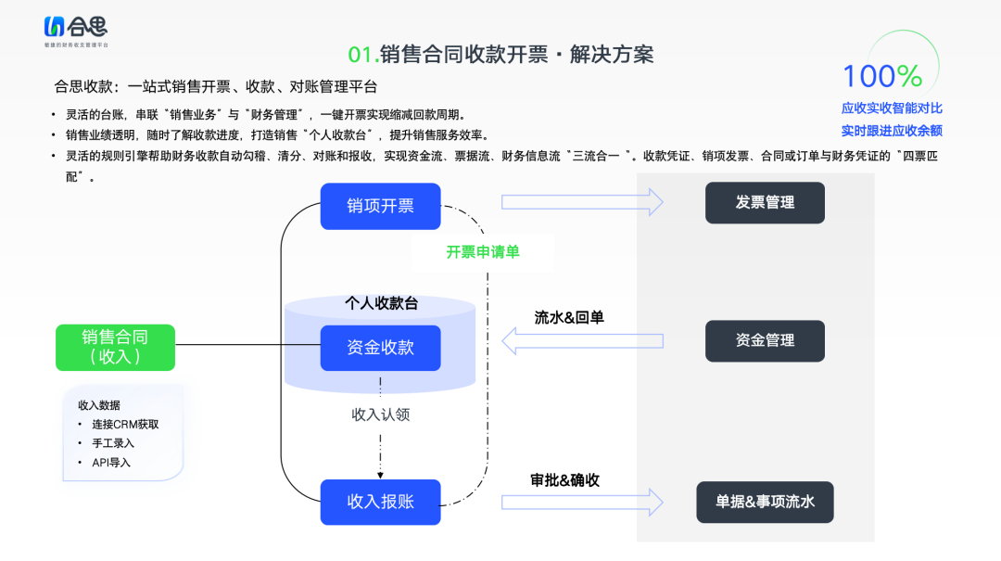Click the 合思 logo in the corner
click(x=76, y=30)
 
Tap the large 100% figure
click(x=881, y=76)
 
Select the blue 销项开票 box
click(x=380, y=206)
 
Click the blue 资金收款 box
click(x=380, y=348)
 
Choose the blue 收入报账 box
click(x=380, y=502)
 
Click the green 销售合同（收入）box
click(x=115, y=347)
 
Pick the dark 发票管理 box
click(x=765, y=202)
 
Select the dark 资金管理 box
click(x=765, y=340)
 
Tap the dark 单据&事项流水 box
click(x=765, y=502)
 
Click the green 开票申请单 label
click(x=482, y=252)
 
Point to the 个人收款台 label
click(x=381, y=303)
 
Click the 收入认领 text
click(x=380, y=414)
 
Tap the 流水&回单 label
click(x=569, y=317)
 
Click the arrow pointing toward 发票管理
click(x=582, y=201)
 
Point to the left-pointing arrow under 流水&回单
click(x=582, y=340)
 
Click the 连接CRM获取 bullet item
click(x=125, y=424)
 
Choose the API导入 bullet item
click(x=111, y=462)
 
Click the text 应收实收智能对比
click(x=891, y=108)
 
